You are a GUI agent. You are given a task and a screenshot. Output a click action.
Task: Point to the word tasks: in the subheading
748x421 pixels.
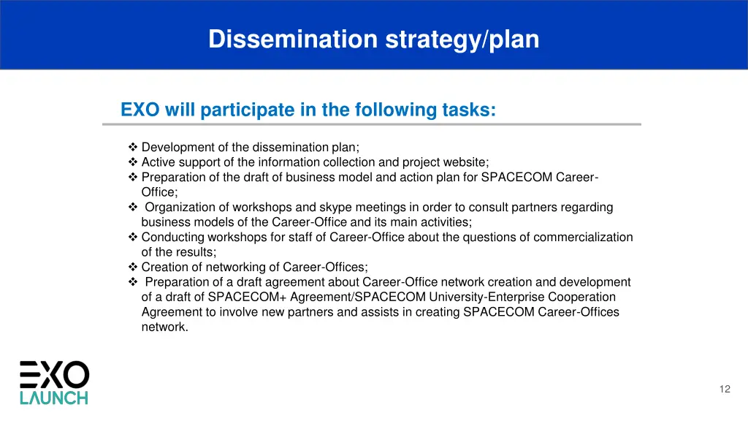tap(469, 110)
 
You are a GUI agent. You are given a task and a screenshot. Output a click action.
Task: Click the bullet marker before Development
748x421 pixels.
tap(133, 147)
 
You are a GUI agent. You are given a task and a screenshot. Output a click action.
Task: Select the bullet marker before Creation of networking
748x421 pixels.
tap(133, 268)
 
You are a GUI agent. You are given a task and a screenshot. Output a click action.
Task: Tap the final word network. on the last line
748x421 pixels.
tap(164, 327)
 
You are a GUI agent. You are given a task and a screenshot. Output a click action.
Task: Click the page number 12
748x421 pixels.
tap(725, 390)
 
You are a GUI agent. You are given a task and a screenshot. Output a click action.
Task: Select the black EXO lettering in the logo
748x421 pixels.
tap(54, 374)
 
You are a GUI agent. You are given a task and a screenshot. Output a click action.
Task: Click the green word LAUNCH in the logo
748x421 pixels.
tap(53, 398)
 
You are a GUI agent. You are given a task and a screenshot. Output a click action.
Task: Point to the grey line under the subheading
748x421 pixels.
tap(371, 124)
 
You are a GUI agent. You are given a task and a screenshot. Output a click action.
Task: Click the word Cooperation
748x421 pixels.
tap(582, 297)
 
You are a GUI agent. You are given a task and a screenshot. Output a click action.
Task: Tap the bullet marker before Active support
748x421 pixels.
tap(133, 162)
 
